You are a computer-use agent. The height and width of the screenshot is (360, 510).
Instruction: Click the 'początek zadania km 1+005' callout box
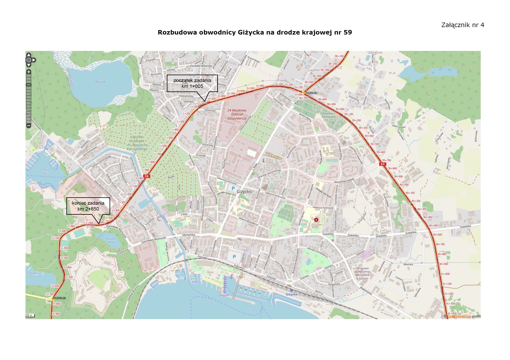[x=192, y=83]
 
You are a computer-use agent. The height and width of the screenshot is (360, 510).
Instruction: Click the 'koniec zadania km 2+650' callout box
[x=88, y=206]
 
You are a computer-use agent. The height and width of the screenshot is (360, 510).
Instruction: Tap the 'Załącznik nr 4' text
[x=463, y=25]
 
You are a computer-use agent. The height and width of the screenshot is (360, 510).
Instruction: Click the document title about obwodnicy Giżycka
[x=255, y=33]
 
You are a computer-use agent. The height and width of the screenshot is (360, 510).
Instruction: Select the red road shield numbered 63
[x=382, y=164]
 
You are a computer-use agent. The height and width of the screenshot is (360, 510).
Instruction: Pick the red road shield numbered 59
[x=146, y=176]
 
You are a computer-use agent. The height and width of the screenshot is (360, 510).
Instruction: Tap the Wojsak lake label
[x=100, y=82]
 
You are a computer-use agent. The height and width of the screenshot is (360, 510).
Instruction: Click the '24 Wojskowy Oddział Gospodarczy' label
[x=237, y=114]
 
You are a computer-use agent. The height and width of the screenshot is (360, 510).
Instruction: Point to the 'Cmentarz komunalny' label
[x=329, y=115]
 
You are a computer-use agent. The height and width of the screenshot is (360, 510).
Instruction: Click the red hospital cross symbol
[x=316, y=220]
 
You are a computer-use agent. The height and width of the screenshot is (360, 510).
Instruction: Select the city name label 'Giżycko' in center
[x=244, y=192]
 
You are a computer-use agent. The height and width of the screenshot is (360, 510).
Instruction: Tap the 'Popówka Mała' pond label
[x=111, y=240]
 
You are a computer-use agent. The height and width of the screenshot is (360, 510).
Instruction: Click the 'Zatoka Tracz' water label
[x=44, y=171]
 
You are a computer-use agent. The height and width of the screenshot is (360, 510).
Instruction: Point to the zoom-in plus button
[x=28, y=72]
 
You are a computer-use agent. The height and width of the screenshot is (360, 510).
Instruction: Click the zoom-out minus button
[x=28, y=126]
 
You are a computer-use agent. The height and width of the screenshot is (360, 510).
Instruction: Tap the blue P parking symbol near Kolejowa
[x=234, y=257]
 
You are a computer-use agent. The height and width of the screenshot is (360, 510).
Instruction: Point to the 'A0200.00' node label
[x=311, y=93]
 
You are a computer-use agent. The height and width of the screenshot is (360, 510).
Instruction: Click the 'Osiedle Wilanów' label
[x=201, y=66]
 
